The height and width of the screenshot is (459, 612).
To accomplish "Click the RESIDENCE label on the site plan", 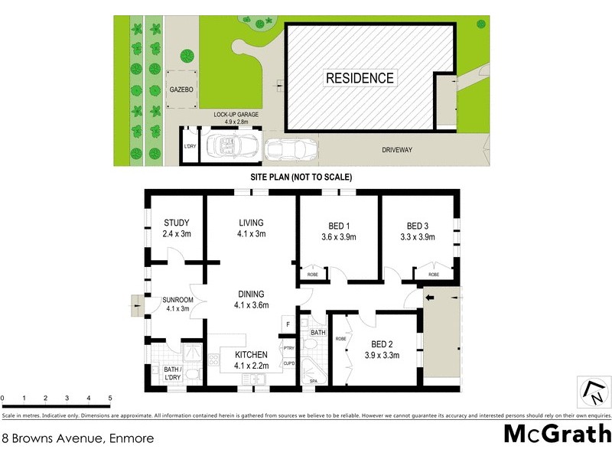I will tap(360, 78).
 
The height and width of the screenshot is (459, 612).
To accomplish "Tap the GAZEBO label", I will tap(181, 90).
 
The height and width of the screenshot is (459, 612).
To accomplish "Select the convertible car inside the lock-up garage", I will tap(226, 145).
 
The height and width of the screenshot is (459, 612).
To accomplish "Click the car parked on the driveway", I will tap(289, 148).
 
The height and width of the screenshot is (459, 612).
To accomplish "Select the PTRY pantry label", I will tap(288, 349).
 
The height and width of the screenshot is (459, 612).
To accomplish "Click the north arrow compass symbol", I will tap(593, 392).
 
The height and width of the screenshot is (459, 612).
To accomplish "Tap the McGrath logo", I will tap(557, 434).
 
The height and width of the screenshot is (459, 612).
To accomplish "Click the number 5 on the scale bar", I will tap(110, 399).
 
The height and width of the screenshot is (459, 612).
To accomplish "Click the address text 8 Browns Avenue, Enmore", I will tap(77, 438).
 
